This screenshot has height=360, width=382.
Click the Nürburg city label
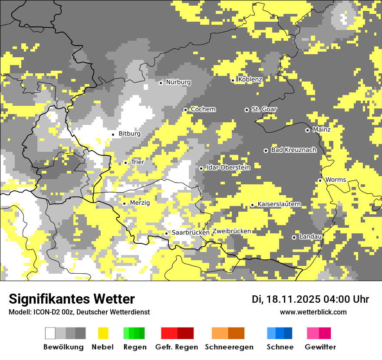tap(178, 82)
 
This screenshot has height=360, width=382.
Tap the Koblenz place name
tap(250, 79)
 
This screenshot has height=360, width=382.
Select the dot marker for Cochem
tap(185, 110)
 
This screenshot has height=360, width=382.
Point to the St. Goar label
tap(264, 109)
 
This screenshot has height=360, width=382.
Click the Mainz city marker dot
tap(307, 130)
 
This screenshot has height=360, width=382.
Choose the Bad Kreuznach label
tap(293, 150)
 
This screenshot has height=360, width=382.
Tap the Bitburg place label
tap(129, 134)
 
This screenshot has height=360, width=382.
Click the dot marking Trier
tap(125, 163)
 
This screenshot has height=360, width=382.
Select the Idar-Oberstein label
tap(228, 167)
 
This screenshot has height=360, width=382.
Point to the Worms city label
tap(336, 180)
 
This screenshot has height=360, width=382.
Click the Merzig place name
tap(140, 203)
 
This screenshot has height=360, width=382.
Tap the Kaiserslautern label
tap(279, 204)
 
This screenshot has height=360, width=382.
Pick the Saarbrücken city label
tap(191, 232)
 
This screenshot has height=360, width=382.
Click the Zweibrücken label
tap(232, 231)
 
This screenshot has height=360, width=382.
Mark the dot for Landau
tap(294, 237)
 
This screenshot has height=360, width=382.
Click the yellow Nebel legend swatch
tap(103, 333)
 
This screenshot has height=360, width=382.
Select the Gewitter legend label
tap(320, 347)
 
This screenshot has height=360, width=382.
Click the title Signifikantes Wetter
tap(72, 299)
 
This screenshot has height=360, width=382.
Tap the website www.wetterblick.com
tap(313, 312)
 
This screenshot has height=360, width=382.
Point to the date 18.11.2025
tap(293, 299)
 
